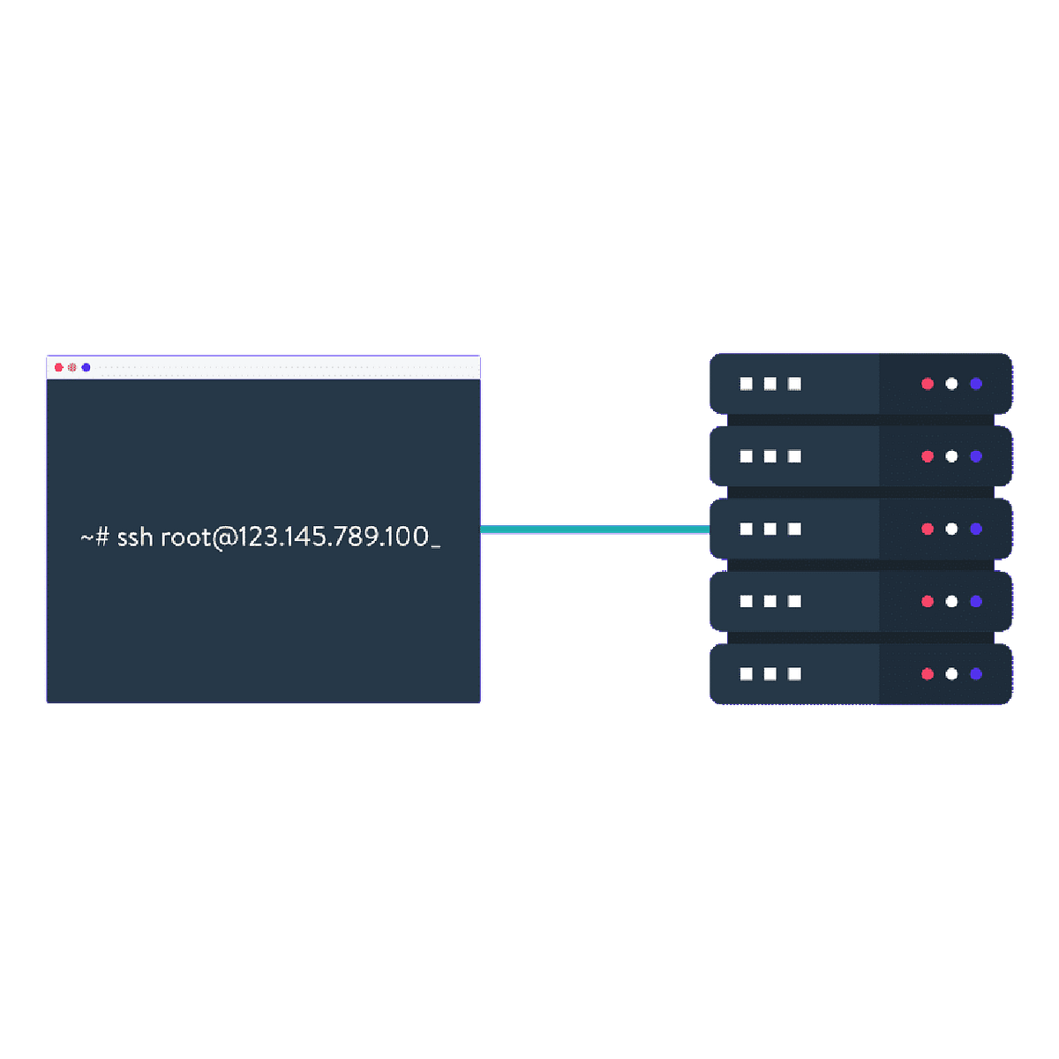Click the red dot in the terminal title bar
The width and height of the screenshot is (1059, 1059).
59,367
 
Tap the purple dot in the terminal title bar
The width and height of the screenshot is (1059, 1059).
86,367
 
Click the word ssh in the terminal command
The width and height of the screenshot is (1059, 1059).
135,537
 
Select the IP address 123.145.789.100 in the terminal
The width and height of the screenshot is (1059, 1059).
320,537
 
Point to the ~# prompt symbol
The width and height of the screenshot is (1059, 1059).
94,537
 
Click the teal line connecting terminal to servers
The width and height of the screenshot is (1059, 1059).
595,529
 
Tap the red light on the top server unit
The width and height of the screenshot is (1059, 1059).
928,384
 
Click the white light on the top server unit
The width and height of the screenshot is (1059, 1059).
951,384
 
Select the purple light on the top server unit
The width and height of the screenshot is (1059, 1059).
976,384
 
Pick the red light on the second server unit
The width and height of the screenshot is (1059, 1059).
928,456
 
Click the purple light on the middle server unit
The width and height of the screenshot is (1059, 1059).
976,529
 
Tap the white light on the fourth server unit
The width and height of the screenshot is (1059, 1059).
951,601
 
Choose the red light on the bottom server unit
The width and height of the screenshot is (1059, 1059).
928,673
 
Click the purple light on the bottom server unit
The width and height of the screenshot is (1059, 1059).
976,673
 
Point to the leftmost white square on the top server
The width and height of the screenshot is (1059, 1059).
747,384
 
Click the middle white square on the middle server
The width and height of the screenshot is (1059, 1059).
770,529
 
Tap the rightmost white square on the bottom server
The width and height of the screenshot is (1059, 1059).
794,673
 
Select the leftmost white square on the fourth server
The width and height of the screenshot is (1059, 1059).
747,601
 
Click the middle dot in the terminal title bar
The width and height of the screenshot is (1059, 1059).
72,367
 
